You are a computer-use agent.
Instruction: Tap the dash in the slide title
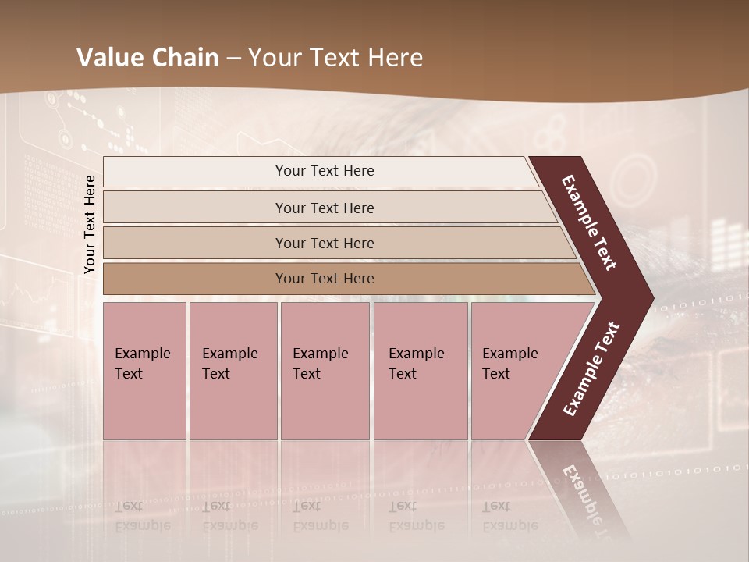(234, 59)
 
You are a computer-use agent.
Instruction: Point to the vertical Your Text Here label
(90, 225)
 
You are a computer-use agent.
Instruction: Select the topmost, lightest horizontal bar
(325, 171)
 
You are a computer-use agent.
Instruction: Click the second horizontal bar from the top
(325, 208)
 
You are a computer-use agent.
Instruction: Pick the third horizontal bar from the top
(325, 243)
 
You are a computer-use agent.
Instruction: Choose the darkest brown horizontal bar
(325, 279)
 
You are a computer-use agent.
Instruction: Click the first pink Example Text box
(144, 371)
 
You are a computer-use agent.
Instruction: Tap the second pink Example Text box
(233, 371)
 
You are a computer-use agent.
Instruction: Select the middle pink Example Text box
(325, 371)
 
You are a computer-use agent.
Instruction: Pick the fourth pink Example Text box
(421, 371)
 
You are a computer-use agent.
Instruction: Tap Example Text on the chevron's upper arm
(589, 222)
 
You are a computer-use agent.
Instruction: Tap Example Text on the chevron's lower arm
(592, 368)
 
